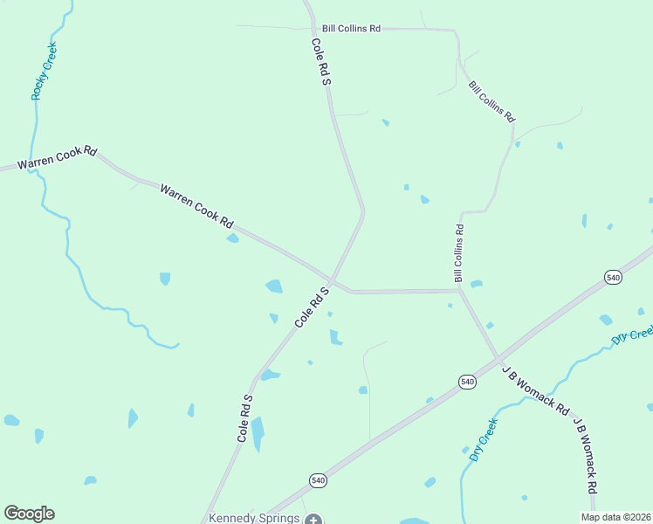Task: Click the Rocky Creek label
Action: [x=44, y=71]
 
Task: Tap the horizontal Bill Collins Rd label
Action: [x=351, y=29]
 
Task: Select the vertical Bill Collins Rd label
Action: [x=459, y=252]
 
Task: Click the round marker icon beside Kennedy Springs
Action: [x=313, y=519]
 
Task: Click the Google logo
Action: [x=29, y=514]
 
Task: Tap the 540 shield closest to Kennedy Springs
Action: [x=319, y=480]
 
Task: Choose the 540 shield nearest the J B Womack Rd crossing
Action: [x=467, y=382]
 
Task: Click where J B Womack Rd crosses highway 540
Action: [x=498, y=358]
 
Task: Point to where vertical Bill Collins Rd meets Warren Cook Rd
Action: [x=459, y=291]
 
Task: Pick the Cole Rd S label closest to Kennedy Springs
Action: [x=244, y=418]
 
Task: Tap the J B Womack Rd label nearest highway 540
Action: [x=535, y=390]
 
